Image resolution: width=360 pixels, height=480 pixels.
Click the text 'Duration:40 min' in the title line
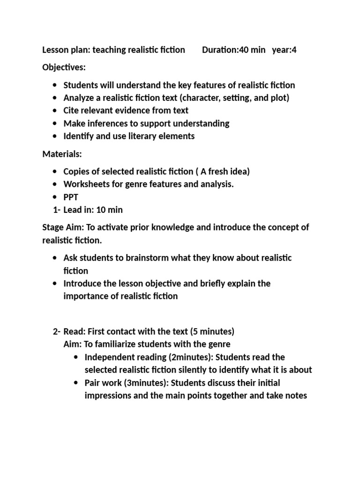click(x=233, y=50)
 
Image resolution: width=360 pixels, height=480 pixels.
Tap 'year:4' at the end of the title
click(x=284, y=50)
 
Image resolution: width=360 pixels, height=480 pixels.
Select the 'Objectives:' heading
click(x=64, y=67)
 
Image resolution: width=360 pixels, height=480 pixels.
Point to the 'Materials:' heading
click(x=62, y=154)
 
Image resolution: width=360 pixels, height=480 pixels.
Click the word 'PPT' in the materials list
click(x=71, y=197)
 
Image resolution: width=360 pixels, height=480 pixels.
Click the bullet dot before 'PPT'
click(x=55, y=197)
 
